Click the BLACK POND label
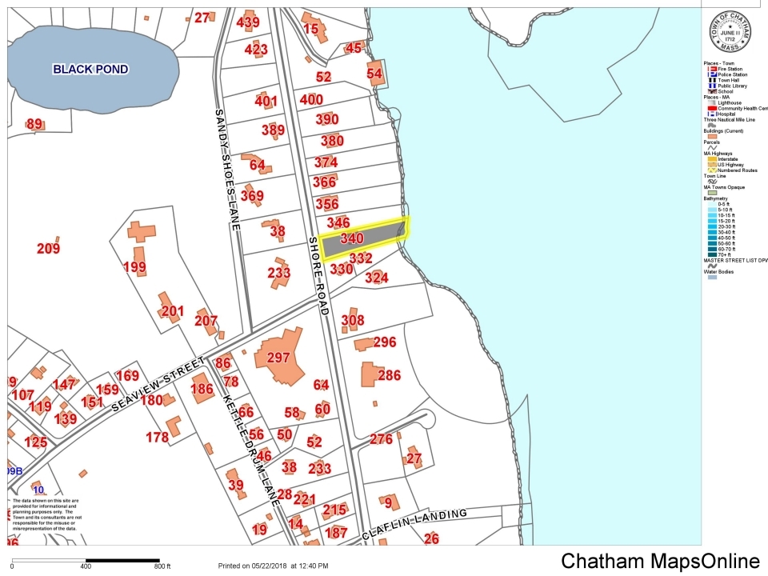click(x=90, y=70)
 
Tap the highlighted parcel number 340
click(x=352, y=238)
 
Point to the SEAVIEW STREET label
click(x=159, y=385)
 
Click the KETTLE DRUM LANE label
click(x=250, y=448)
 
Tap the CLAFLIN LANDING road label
click(x=414, y=524)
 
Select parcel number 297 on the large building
click(x=278, y=358)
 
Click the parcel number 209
click(x=48, y=249)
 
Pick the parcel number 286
click(x=389, y=375)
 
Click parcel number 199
click(x=134, y=266)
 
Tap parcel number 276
click(x=381, y=439)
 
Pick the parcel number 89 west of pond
click(x=34, y=124)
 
